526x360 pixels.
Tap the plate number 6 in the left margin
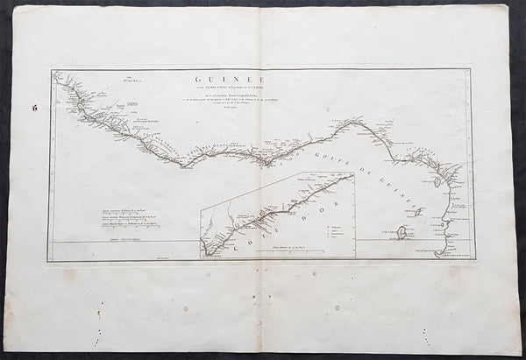33,107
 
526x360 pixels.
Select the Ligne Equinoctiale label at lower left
84,238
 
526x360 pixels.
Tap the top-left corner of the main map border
52,70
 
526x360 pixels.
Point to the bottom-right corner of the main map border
473,260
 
